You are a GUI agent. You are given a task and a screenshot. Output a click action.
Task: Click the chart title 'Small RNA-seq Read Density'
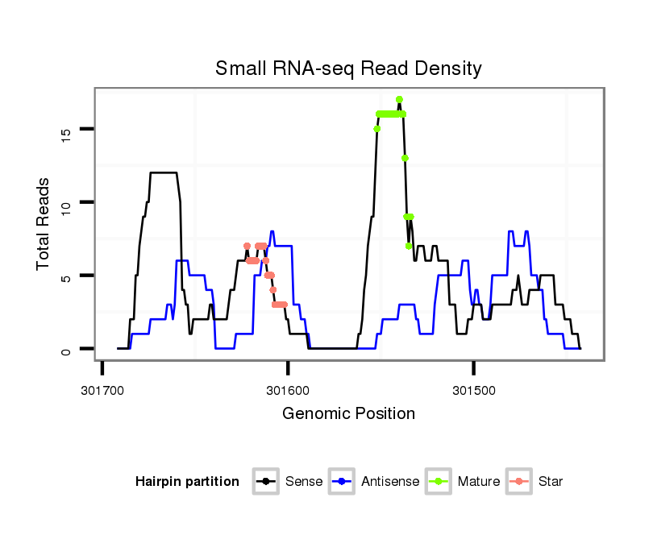tap(348, 68)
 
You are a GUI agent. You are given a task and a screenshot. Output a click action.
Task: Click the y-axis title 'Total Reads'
tap(44, 224)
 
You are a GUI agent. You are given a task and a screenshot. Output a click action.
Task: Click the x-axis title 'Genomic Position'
tap(348, 414)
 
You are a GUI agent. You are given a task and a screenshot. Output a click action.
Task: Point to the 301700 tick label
tap(102, 390)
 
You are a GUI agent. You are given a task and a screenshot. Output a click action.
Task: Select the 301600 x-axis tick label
tap(288, 390)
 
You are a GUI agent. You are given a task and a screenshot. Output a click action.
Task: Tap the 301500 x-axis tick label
tap(473, 390)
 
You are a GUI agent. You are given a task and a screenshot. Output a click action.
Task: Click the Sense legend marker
tap(266, 482)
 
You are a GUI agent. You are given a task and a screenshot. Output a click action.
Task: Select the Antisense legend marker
tap(343, 482)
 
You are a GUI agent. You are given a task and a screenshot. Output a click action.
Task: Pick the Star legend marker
tap(519, 482)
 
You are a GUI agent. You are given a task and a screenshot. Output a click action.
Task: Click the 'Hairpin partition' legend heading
tap(187, 482)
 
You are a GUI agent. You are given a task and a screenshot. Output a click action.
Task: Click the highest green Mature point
tap(399, 99)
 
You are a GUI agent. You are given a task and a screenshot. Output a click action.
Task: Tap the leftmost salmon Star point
tap(247, 246)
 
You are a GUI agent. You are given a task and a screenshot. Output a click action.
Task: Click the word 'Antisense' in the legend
tap(390, 482)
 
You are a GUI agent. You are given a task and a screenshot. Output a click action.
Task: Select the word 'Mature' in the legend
tap(479, 482)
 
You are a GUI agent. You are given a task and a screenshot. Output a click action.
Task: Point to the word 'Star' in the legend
tap(551, 482)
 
